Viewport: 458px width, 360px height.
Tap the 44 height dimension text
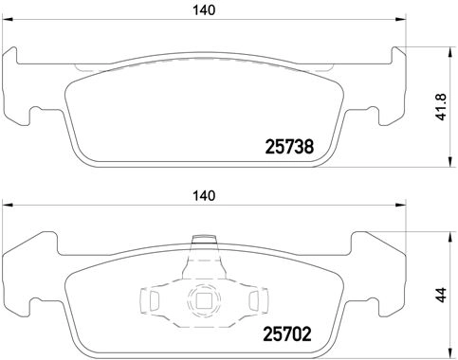[x=441, y=295]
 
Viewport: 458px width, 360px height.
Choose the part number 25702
[x=286, y=333]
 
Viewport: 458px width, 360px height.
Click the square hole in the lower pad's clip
[x=202, y=302]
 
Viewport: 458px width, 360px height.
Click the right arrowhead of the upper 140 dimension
[x=397, y=23]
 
